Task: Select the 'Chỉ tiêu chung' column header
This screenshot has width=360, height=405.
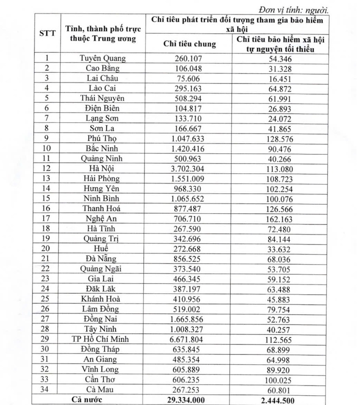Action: coord(189,44)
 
